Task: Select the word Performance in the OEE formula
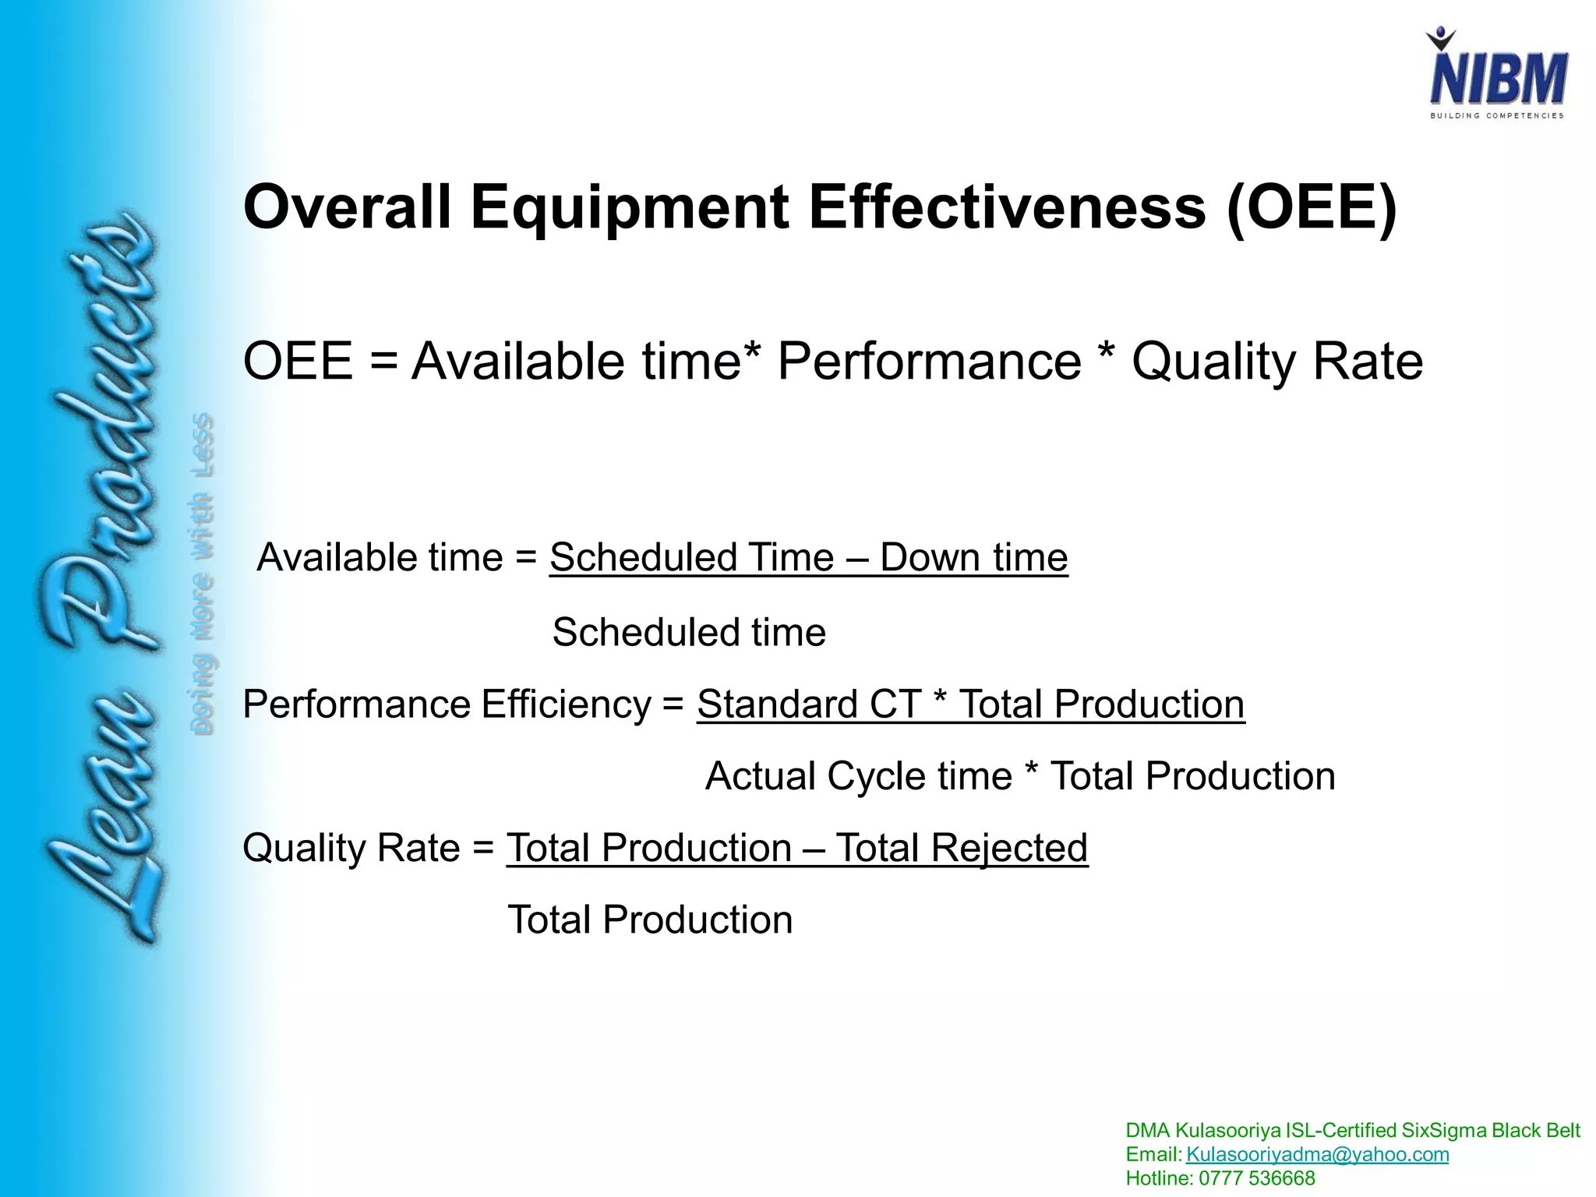[929, 362]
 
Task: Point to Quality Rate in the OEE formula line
[1276, 362]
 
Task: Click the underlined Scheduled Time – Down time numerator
[808, 558]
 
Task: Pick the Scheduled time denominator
[689, 632]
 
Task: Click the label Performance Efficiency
[447, 704]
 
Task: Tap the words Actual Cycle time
[858, 776]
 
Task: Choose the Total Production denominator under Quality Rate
[650, 920]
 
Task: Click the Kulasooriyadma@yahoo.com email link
[1317, 1154]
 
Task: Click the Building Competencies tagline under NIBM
[1496, 116]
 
